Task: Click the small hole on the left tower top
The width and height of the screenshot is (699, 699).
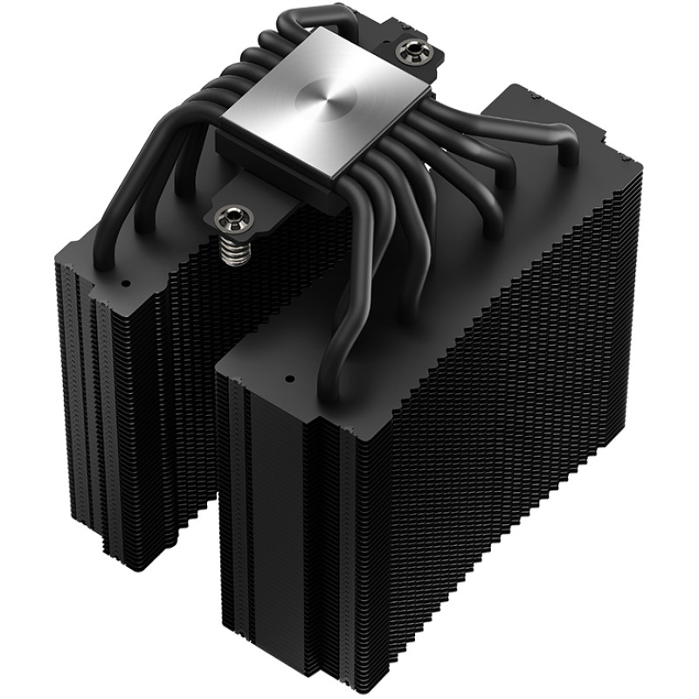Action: tap(123, 284)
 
